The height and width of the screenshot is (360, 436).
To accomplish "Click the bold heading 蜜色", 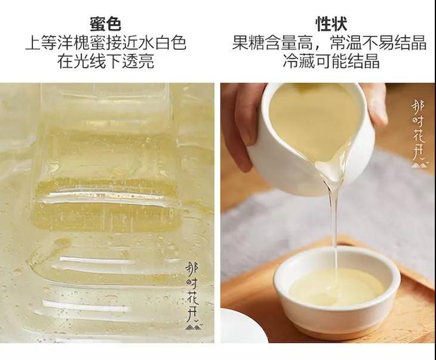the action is [x=105, y=24].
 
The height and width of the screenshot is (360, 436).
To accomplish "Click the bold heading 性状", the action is [x=331, y=24].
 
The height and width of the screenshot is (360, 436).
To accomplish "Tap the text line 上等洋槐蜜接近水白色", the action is [x=106, y=42].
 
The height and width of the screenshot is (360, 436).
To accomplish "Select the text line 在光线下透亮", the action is [x=106, y=61].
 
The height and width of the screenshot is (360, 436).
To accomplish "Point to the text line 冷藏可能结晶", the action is [x=331, y=61].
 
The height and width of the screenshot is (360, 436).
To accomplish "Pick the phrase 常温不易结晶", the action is [x=378, y=42].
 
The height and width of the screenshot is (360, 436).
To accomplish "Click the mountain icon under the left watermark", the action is [x=194, y=327].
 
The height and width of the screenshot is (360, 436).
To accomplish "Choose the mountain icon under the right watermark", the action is [x=419, y=165].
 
